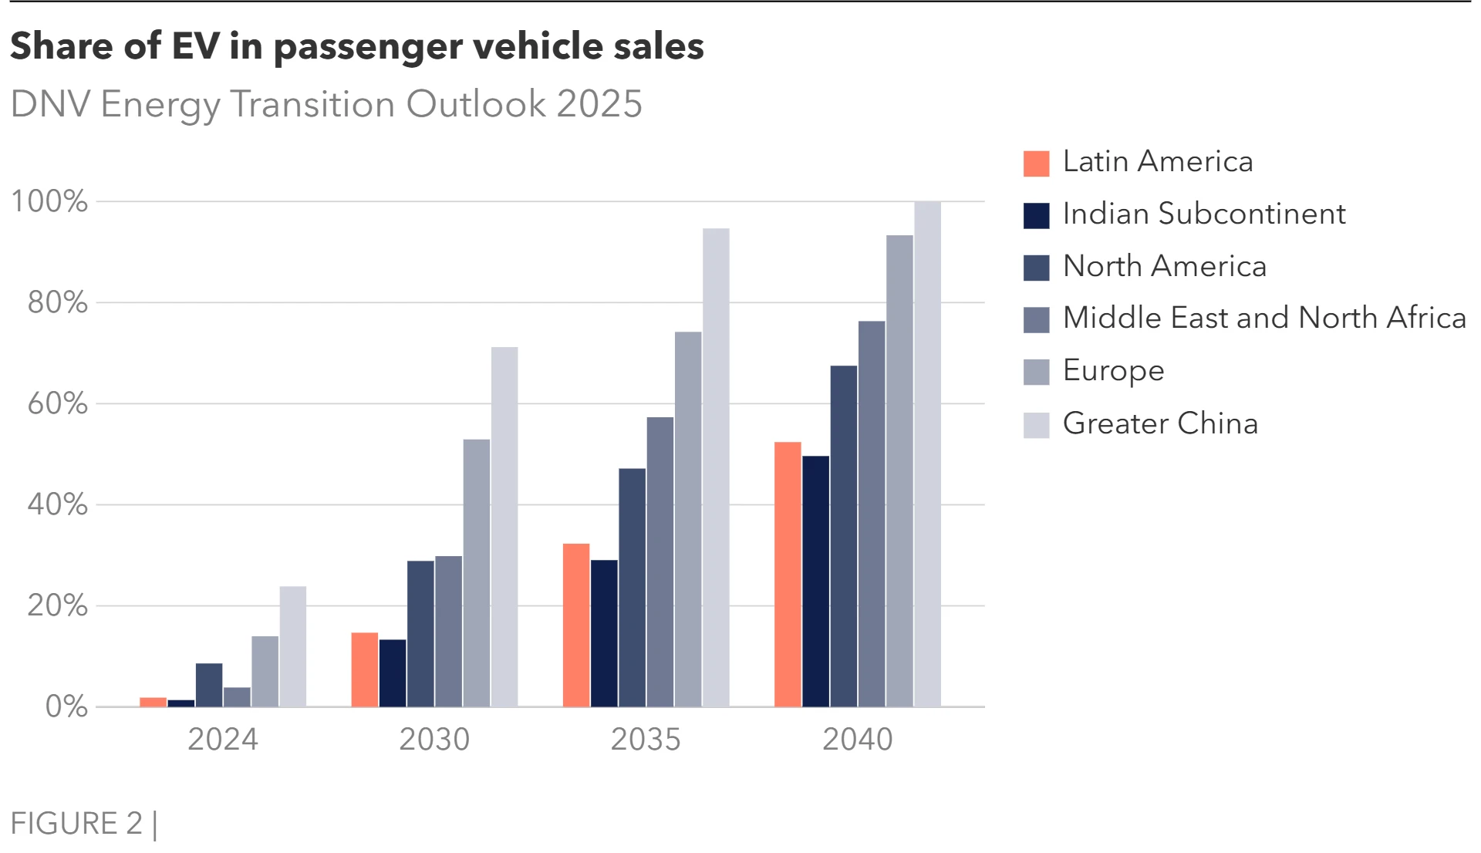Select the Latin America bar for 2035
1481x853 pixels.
click(576, 625)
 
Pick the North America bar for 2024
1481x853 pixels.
click(209, 685)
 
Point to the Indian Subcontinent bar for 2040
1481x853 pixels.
click(815, 582)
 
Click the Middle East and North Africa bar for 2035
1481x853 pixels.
click(660, 562)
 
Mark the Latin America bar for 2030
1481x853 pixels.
click(365, 669)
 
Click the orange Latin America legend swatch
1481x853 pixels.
click(1036, 164)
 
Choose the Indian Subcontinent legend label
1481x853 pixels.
click(1203, 214)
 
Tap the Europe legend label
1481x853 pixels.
click(1113, 371)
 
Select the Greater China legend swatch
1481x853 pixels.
click(1036, 425)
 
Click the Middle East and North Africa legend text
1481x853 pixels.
click(1263, 318)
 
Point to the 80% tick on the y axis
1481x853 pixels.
click(58, 302)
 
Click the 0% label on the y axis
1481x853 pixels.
click(66, 706)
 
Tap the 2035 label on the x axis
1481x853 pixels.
click(646, 740)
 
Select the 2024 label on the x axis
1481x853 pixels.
click(223, 740)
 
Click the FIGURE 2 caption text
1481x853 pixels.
click(77, 824)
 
